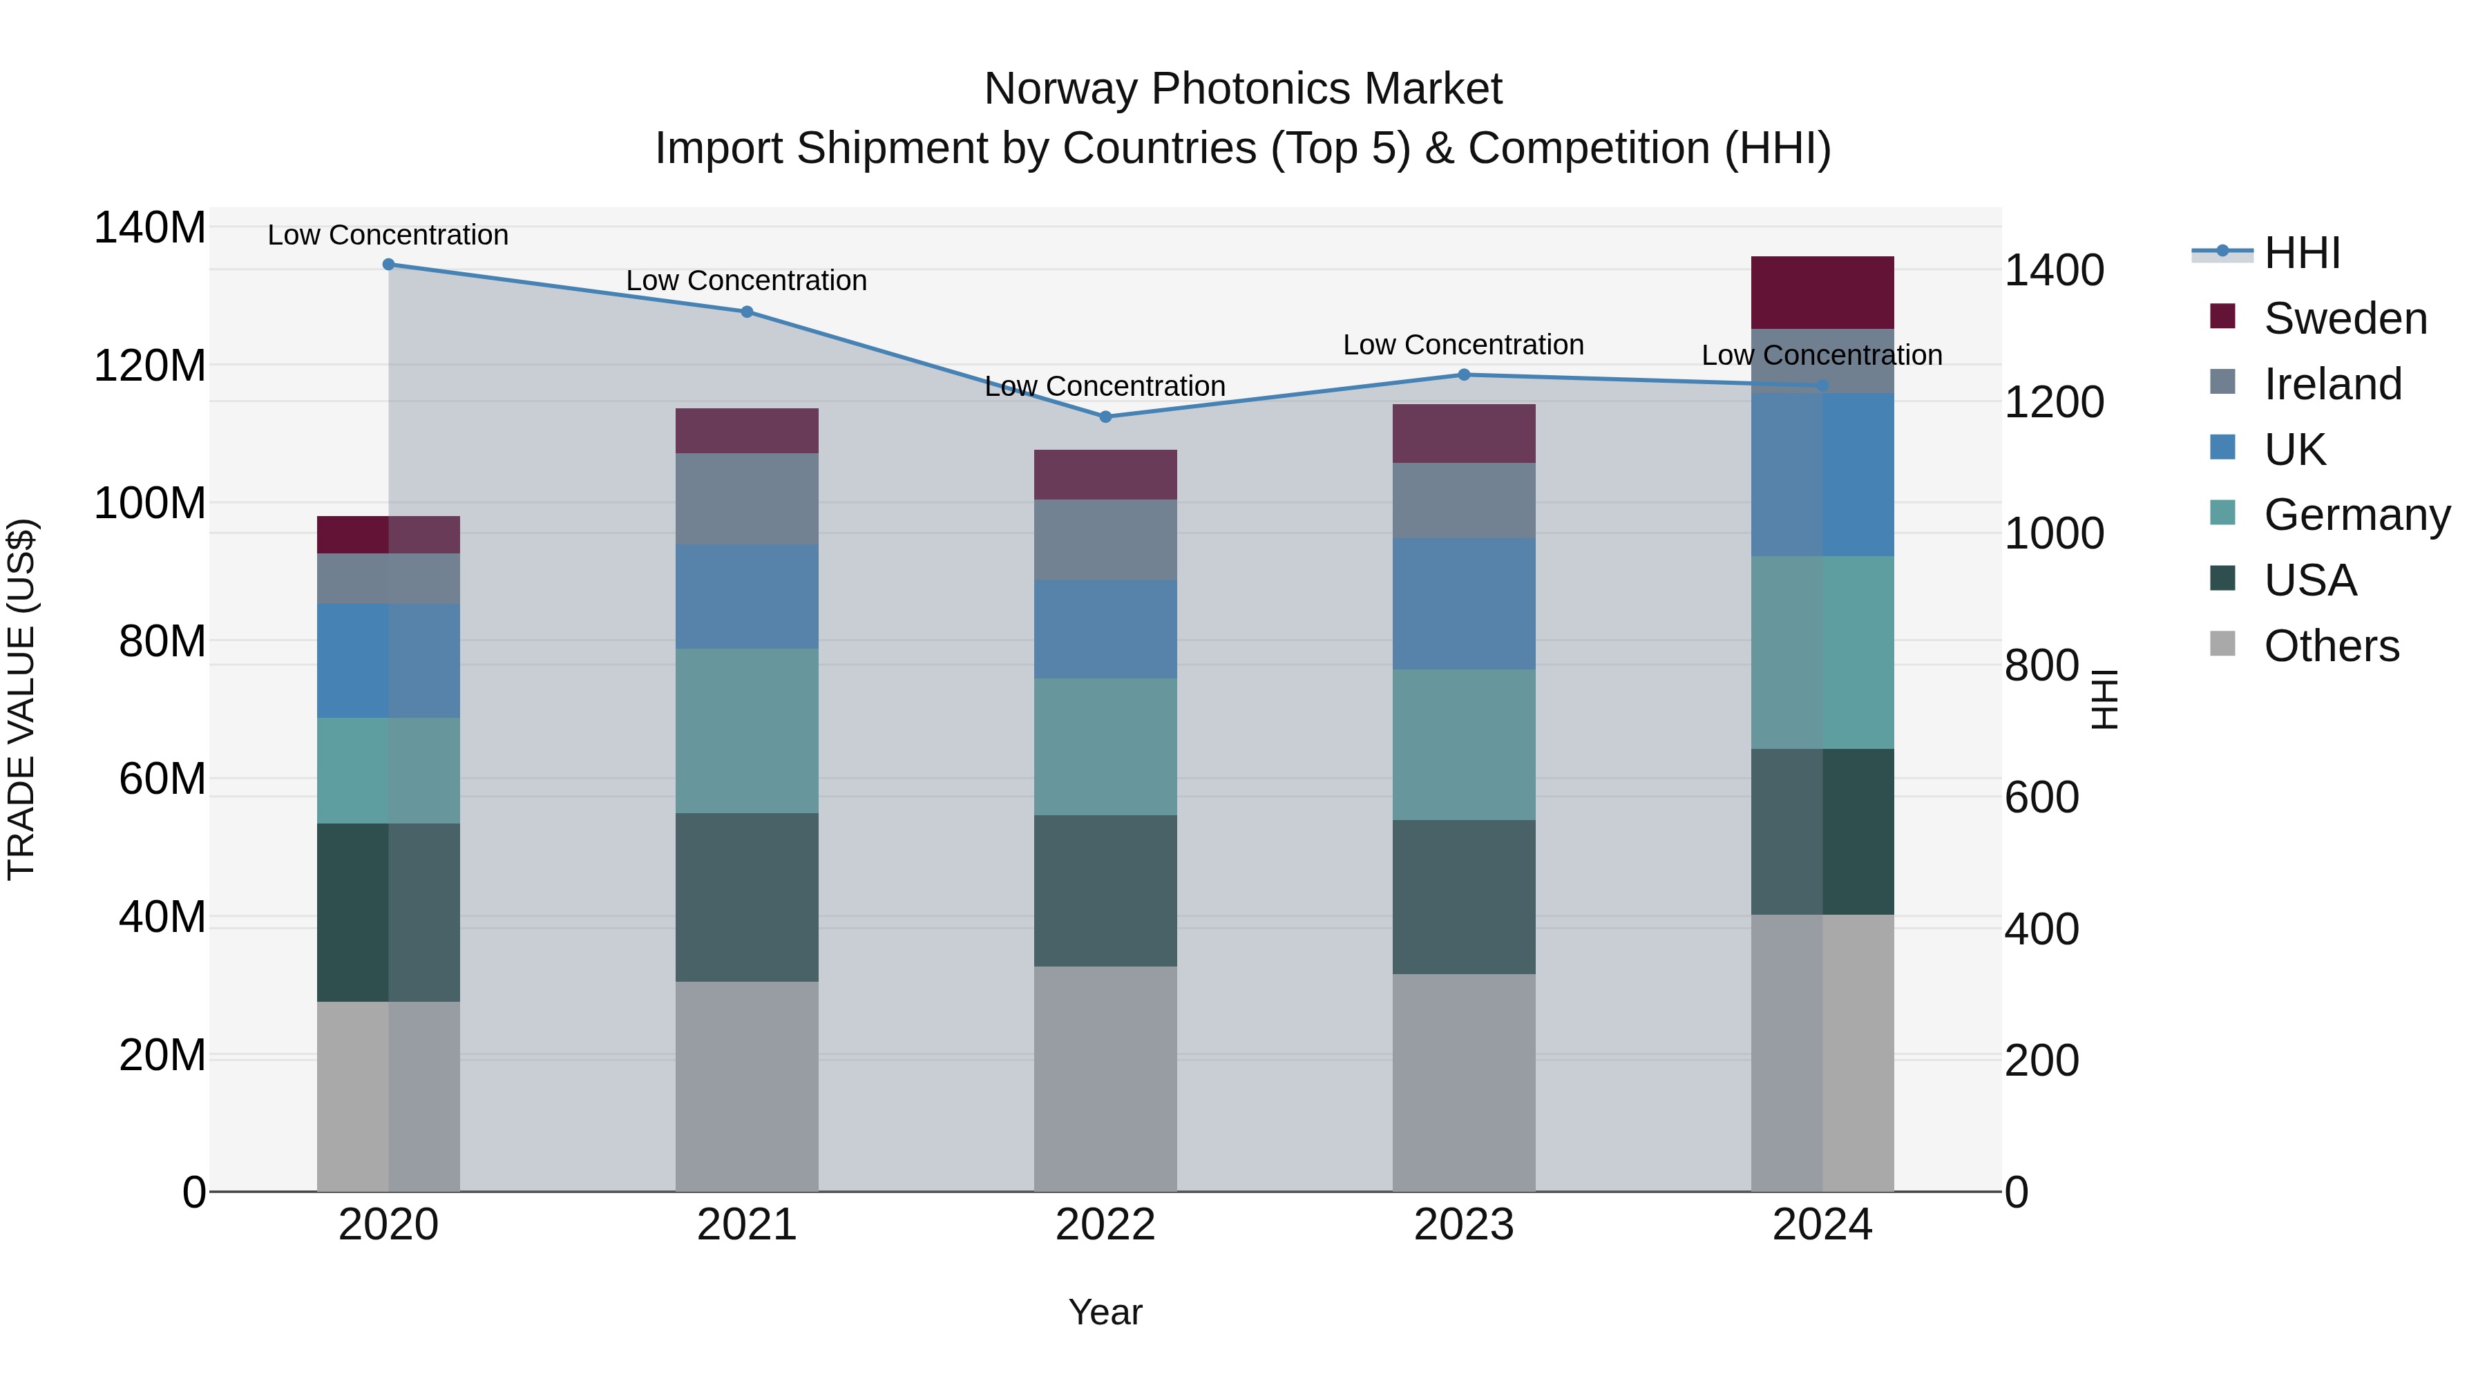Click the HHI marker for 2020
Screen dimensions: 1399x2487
pyautogui.click(x=388, y=265)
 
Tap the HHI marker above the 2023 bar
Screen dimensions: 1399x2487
pyautogui.click(x=1464, y=374)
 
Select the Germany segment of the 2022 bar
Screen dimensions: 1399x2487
pyautogui.click(x=1105, y=746)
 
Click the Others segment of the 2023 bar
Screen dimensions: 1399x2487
pyautogui.click(x=1464, y=1081)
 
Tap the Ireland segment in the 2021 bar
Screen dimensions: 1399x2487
pyautogui.click(x=746, y=498)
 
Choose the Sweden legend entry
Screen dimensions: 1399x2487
pyautogui.click(x=2344, y=318)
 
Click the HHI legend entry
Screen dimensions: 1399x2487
pyautogui.click(x=2302, y=253)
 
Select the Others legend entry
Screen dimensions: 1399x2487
pyautogui.click(x=2331, y=646)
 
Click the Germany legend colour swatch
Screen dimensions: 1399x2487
pyautogui.click(x=2222, y=513)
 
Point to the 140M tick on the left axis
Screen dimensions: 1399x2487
pyautogui.click(x=150, y=229)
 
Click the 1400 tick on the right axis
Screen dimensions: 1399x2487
pyautogui.click(x=2054, y=270)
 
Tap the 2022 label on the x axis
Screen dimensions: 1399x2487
pyautogui.click(x=1105, y=1225)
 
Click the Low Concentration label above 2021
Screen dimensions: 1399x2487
pyautogui.click(x=746, y=281)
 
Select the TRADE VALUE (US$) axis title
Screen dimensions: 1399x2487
pyautogui.click(x=21, y=699)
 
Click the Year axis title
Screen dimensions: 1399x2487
pyautogui.click(x=1105, y=1312)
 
